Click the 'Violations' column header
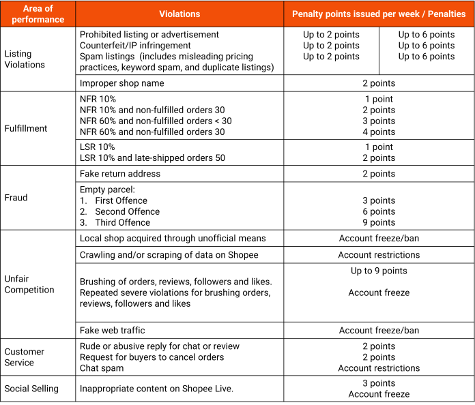[x=179, y=14]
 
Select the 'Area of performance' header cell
[x=38, y=14]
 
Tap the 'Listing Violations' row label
[x=25, y=59]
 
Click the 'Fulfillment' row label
[x=26, y=128]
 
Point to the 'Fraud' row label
[x=16, y=198]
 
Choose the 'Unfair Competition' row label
[x=29, y=284]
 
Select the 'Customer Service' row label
[x=25, y=357]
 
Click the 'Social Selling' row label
[x=31, y=389]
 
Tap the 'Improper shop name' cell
[x=121, y=83]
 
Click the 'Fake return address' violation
[x=120, y=174]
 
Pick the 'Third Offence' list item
[x=122, y=222]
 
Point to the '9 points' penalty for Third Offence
[x=379, y=222]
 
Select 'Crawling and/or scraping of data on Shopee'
[x=169, y=255]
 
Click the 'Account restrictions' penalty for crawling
[x=379, y=255]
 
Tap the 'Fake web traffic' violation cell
[x=112, y=331]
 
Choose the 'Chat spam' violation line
[x=102, y=368]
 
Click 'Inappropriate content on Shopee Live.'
[x=156, y=389]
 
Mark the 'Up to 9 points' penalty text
[x=379, y=271]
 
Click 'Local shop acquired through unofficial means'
[x=173, y=239]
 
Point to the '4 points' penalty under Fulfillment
[x=379, y=132]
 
